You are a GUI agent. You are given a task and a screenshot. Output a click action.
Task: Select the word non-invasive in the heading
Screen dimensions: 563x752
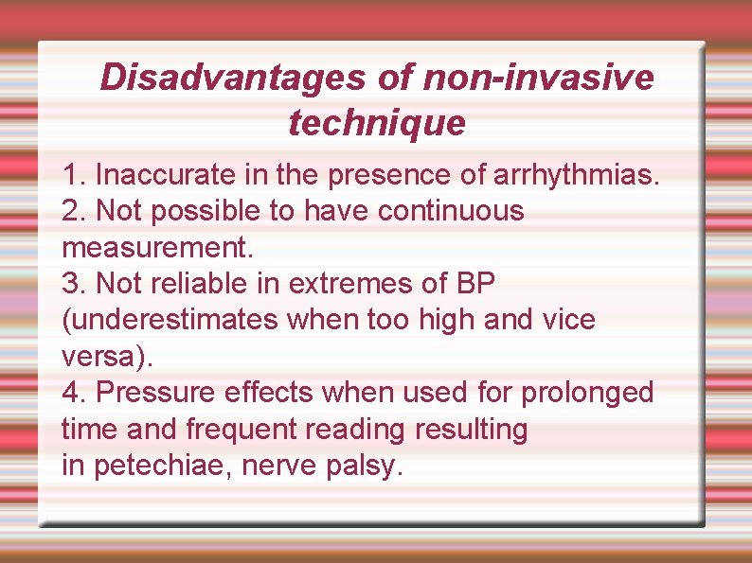click(x=538, y=78)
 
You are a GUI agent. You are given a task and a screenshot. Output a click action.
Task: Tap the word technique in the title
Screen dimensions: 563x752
click(x=377, y=123)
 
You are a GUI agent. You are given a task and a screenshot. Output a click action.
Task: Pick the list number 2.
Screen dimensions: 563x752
click(x=72, y=211)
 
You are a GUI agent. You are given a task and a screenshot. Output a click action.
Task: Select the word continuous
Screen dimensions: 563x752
click(x=450, y=211)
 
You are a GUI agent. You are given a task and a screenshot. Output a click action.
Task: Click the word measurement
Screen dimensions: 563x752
click(x=156, y=248)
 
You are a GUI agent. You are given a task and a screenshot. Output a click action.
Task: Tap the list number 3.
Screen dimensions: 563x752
click(x=72, y=283)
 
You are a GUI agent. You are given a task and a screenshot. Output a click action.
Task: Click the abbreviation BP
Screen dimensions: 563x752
click(x=475, y=283)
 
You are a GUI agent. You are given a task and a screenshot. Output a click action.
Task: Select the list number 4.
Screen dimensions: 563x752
click(x=72, y=392)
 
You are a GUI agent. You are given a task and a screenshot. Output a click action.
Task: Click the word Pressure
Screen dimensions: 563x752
click(x=152, y=392)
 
